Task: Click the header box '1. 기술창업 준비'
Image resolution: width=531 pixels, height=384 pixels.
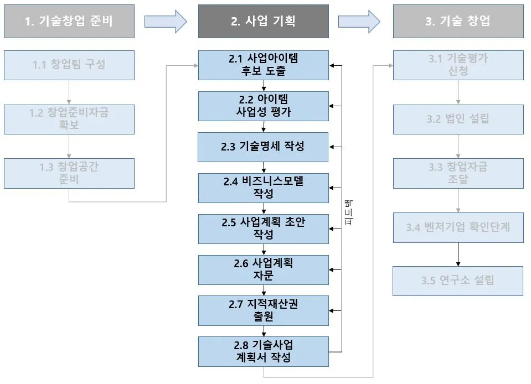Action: pyautogui.click(x=69, y=21)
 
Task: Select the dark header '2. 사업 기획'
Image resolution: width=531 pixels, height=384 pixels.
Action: pyautogui.click(x=264, y=21)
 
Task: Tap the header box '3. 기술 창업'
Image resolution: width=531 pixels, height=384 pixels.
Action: pyautogui.click(x=458, y=21)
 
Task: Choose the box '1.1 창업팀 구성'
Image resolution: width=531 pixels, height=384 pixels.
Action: pyautogui.click(x=69, y=65)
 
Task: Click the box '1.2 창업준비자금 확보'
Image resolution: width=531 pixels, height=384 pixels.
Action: pyautogui.click(x=69, y=119)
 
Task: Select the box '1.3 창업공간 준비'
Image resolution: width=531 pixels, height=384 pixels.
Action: pyautogui.click(x=69, y=173)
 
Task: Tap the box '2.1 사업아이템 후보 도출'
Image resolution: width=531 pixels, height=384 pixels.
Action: pyautogui.click(x=264, y=65)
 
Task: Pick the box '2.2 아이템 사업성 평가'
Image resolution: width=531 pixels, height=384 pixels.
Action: pyautogui.click(x=264, y=106)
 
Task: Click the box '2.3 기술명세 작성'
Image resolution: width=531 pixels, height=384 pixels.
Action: pyautogui.click(x=264, y=147)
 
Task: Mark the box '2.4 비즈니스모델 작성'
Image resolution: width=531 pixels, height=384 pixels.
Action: pyautogui.click(x=264, y=188)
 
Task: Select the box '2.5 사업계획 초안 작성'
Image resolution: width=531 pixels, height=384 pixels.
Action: pyautogui.click(x=264, y=229)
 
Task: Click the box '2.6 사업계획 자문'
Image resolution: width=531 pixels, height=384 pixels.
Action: pyautogui.click(x=264, y=269)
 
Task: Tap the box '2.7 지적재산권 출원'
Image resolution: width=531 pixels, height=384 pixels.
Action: pyautogui.click(x=264, y=310)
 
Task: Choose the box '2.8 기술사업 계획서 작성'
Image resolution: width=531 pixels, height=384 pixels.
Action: pyautogui.click(x=264, y=351)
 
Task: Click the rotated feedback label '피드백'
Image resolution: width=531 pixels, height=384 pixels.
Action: pyautogui.click(x=349, y=212)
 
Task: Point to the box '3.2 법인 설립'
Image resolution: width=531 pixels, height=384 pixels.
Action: pyautogui.click(x=458, y=119)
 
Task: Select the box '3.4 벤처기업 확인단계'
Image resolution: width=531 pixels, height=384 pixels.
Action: pyautogui.click(x=458, y=227)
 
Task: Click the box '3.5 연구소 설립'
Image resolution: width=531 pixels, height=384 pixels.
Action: pyautogui.click(x=458, y=281)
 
